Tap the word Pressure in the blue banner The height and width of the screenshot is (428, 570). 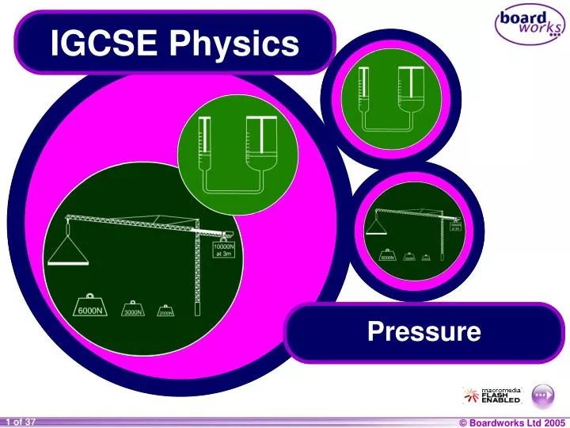pos(424,331)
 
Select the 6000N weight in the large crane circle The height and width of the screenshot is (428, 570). pos(91,308)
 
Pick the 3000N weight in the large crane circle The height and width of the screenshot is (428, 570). pos(132,310)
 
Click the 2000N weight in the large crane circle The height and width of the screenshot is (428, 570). pos(165,311)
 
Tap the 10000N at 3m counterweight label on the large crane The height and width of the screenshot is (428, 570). pos(223,250)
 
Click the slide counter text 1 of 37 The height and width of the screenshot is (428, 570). pos(19,422)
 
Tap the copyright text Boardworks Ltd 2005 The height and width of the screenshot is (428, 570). pos(514,422)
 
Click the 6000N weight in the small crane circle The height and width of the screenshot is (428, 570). pos(387,256)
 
